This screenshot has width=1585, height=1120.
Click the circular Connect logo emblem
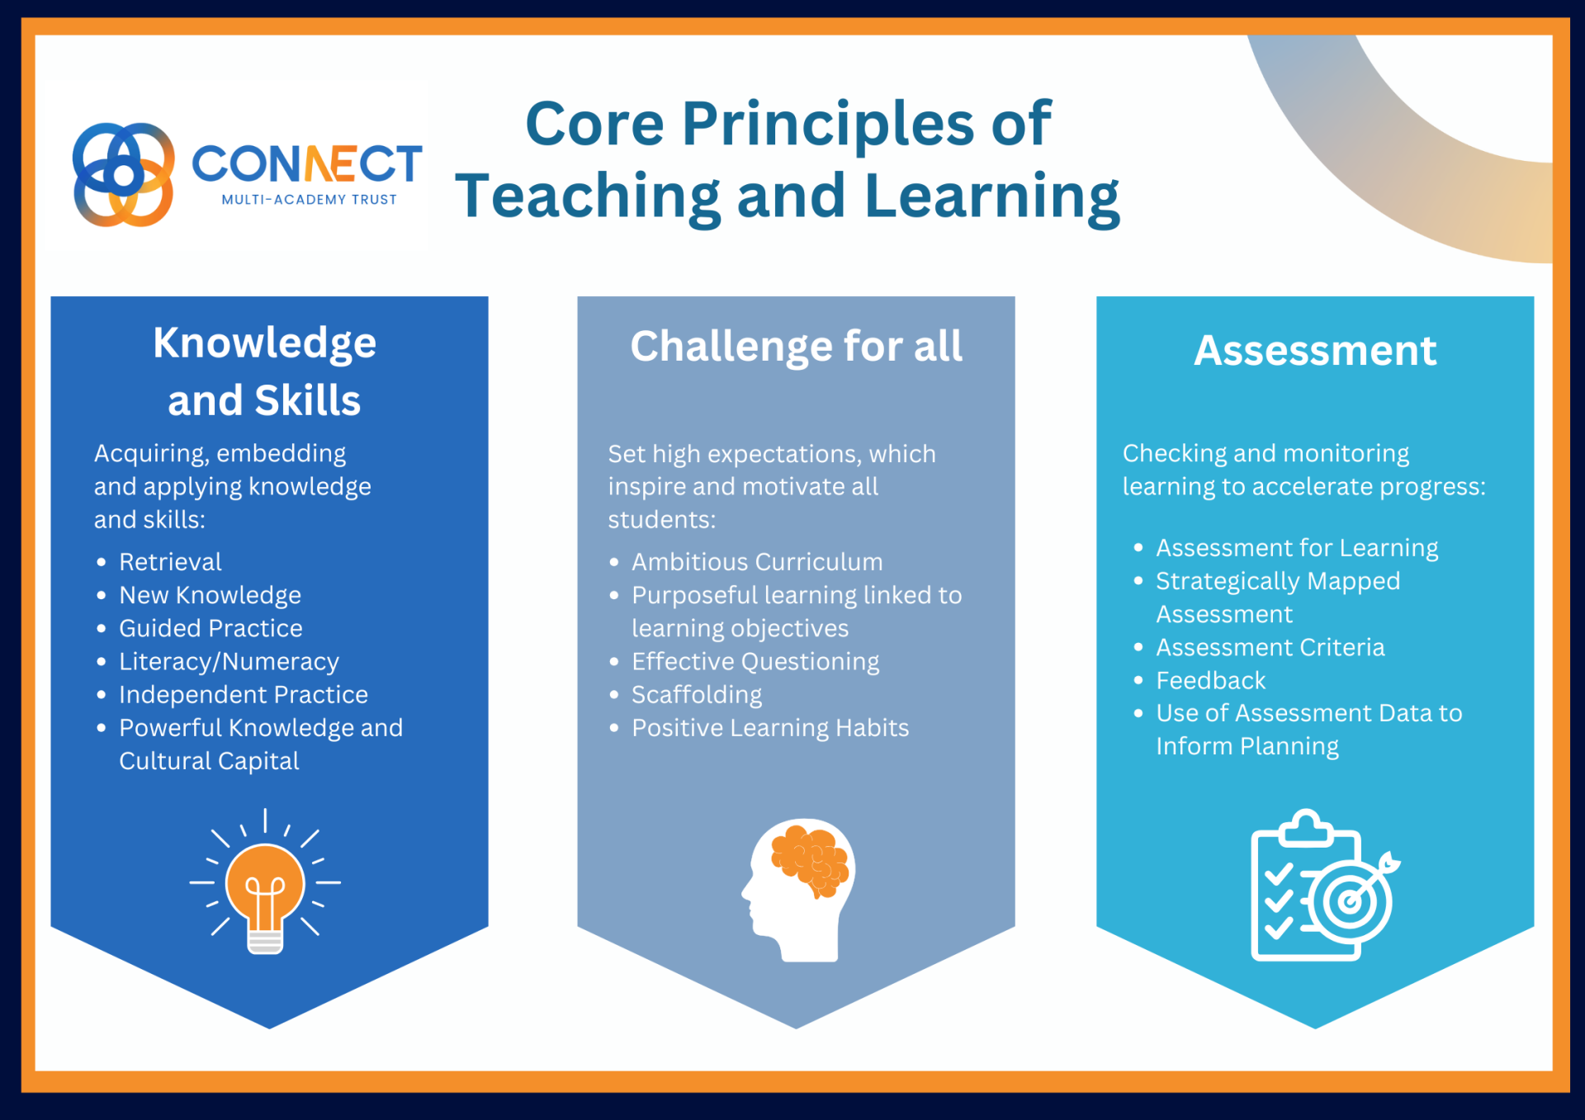[x=124, y=174]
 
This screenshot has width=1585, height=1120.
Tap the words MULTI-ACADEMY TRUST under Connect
[x=310, y=200]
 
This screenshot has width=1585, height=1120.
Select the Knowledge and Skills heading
[x=265, y=371]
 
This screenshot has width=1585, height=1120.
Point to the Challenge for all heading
[x=797, y=346]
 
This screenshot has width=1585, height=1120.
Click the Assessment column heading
[x=1315, y=351]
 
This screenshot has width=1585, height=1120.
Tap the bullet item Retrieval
[x=170, y=562]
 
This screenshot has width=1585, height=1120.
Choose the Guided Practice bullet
[x=211, y=628]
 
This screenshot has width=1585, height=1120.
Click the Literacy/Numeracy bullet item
[x=229, y=662]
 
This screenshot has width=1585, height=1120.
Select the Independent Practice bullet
[x=244, y=695]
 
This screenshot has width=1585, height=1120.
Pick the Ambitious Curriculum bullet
[x=757, y=562]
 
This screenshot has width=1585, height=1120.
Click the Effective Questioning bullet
[x=755, y=662]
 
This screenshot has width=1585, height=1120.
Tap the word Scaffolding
[x=697, y=695]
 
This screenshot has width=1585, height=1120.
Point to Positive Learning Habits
[x=770, y=728]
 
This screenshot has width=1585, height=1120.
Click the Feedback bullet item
[x=1210, y=681]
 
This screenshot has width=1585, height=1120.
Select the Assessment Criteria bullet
[x=1270, y=647]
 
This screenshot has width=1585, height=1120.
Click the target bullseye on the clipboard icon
[x=1350, y=900]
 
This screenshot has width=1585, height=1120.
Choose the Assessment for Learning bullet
[x=1297, y=548]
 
